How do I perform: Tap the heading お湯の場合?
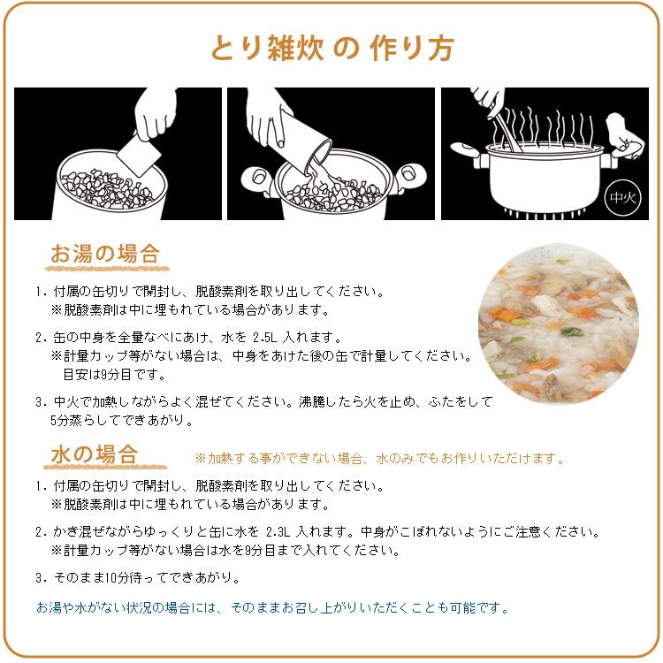(x=104, y=254)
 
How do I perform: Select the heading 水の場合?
(x=94, y=454)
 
